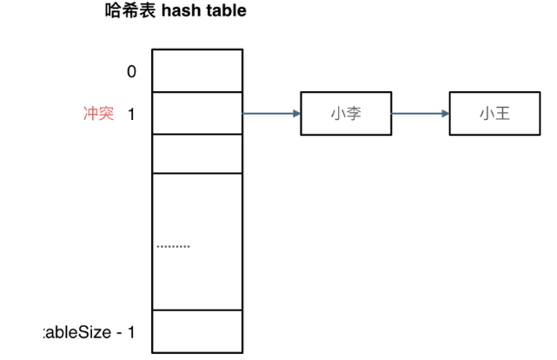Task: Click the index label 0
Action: pyautogui.click(x=131, y=71)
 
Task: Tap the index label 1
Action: pyautogui.click(x=131, y=113)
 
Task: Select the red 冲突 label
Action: pyautogui.click(x=98, y=113)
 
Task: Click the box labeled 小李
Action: pyautogui.click(x=346, y=113)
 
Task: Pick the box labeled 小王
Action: pyautogui.click(x=494, y=113)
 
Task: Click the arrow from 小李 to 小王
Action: pyautogui.click(x=420, y=113)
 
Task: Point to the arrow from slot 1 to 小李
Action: pyautogui.click(x=271, y=113)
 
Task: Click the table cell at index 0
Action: pyautogui.click(x=197, y=70)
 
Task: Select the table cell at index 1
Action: pyautogui.click(x=197, y=113)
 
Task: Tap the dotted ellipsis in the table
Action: pyautogui.click(x=173, y=247)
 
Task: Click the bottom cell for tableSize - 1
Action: pyautogui.click(x=197, y=331)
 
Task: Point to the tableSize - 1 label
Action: pyautogui.click(x=90, y=332)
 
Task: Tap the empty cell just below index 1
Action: pyautogui.click(x=197, y=154)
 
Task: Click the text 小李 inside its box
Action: pyautogui.click(x=346, y=113)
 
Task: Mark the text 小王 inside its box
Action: pyautogui.click(x=494, y=113)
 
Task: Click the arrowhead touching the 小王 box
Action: pyautogui.click(x=445, y=113)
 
